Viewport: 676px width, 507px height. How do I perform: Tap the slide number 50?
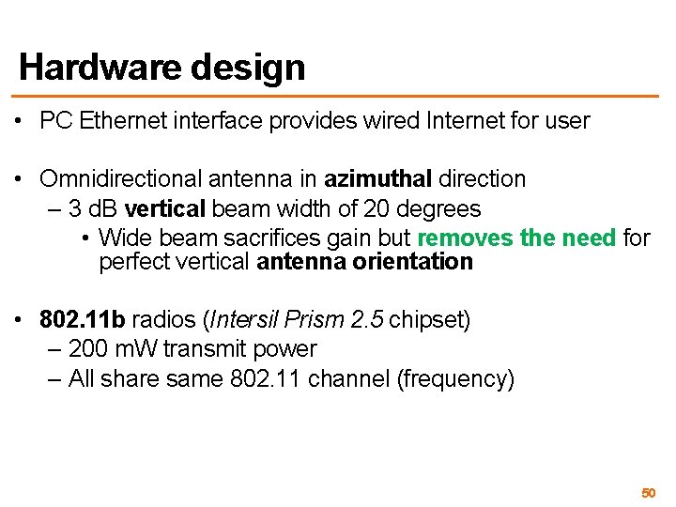(648, 492)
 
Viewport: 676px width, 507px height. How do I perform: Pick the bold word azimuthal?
(378, 178)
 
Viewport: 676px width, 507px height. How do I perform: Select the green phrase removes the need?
(516, 238)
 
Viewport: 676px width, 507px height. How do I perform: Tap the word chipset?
(428, 319)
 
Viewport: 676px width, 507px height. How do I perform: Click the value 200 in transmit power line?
(87, 349)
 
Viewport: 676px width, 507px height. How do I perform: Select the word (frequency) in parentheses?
(456, 379)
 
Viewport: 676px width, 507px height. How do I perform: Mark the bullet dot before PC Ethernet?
(20, 121)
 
